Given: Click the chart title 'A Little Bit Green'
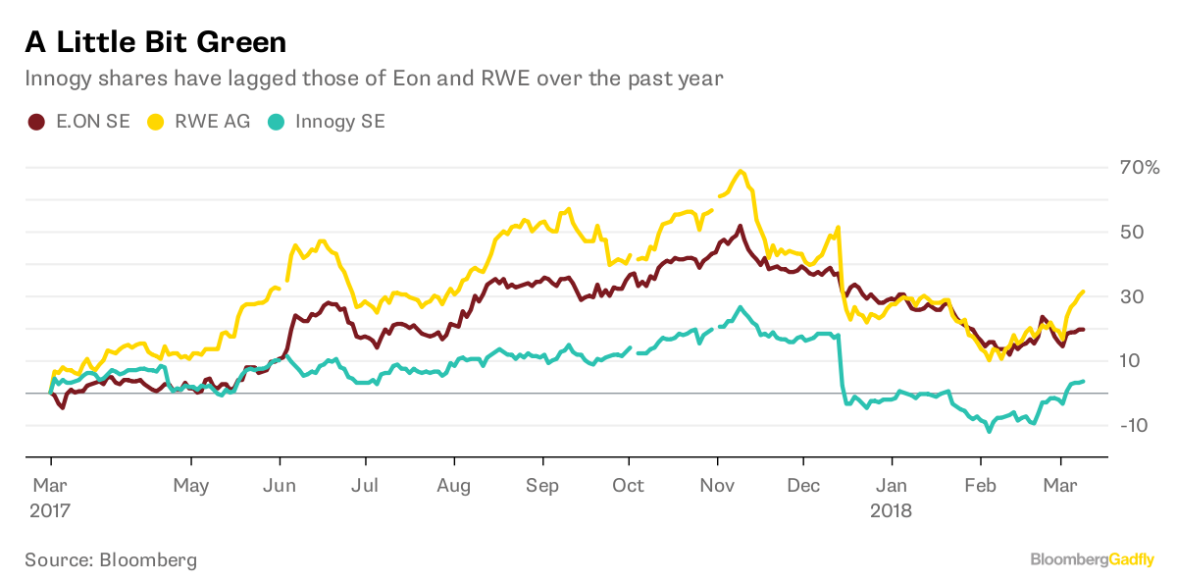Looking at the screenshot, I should click(x=156, y=42).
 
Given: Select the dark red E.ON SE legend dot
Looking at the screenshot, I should click(x=36, y=122).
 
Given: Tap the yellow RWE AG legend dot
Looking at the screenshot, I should click(x=155, y=122).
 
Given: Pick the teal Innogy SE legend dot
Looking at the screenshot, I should click(x=279, y=122).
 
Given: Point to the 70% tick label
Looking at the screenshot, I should click(x=1140, y=168).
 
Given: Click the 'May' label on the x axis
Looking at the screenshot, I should click(x=190, y=486).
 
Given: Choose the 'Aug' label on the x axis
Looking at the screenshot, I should click(x=454, y=486).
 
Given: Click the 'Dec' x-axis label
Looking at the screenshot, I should click(x=803, y=486).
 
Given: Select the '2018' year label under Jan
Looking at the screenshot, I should click(x=892, y=510).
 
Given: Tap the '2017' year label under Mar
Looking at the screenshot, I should click(x=52, y=510).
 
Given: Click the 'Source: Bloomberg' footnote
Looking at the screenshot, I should click(x=111, y=560).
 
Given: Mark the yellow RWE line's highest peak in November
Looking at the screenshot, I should click(x=741, y=171).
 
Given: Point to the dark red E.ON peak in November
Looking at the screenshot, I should click(x=739, y=226).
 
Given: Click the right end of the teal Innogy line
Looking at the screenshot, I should click(x=1083, y=381).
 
